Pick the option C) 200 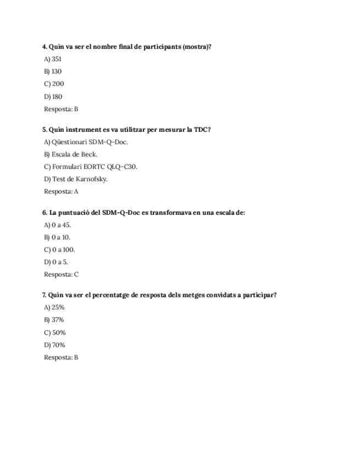53,84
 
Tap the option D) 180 53,97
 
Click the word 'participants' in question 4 162,47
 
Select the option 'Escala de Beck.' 70,154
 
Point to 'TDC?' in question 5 202,130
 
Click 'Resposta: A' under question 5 61,192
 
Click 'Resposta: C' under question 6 61,274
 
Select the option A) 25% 54,308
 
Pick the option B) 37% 54,320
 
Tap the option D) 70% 54,345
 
